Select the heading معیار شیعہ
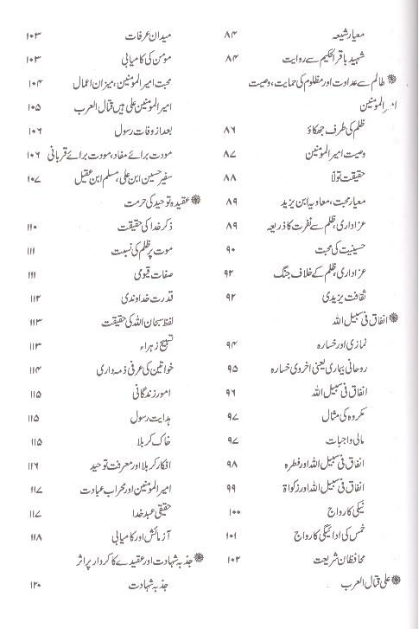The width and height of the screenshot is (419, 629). click(x=364, y=36)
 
